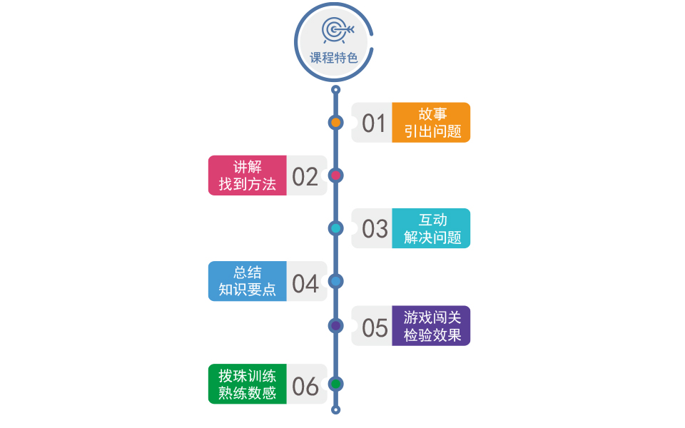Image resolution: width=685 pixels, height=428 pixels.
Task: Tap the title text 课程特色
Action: [334, 58]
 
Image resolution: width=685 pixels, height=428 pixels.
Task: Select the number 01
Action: [373, 123]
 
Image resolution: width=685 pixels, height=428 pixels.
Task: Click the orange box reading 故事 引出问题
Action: [431, 123]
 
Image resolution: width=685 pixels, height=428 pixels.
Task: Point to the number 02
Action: [305, 176]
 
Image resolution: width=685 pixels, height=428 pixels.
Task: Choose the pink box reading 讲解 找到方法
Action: [247, 175]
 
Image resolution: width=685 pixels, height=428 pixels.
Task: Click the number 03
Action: [374, 229]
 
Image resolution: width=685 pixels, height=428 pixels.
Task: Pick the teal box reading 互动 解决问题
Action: [431, 228]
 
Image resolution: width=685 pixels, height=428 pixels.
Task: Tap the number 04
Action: [305, 282]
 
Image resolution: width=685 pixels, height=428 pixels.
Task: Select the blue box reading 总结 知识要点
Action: [247, 281]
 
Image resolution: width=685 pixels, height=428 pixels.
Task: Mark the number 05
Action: [374, 327]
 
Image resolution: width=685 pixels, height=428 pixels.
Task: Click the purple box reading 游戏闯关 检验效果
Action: [431, 326]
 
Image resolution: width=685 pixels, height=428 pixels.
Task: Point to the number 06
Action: [305, 386]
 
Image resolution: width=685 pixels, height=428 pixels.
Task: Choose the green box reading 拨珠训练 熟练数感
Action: [247, 384]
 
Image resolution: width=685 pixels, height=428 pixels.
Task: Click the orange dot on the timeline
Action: [336, 122]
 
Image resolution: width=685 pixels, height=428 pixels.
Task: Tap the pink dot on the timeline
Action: [336, 175]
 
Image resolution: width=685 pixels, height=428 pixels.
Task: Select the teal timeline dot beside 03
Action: [336, 228]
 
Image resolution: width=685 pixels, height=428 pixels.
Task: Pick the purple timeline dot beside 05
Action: [336, 326]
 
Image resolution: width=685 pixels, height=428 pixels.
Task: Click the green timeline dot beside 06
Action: [336, 384]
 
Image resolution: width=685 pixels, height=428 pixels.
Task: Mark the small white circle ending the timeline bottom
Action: [336, 409]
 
